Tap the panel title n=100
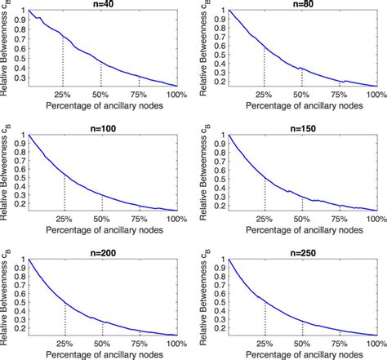(102, 128)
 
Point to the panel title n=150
(304, 128)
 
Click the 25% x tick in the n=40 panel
(64, 93)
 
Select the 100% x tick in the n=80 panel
(376, 93)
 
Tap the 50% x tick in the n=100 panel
(101, 218)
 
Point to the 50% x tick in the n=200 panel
(101, 343)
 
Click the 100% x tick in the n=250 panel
(376, 343)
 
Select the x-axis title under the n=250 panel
(304, 354)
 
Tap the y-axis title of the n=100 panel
(6, 171)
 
